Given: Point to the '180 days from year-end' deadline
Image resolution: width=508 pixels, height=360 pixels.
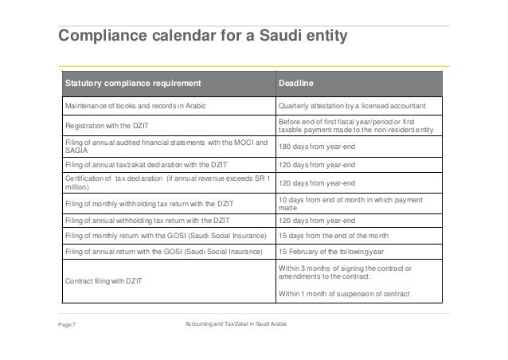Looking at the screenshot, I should [x=316, y=147].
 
